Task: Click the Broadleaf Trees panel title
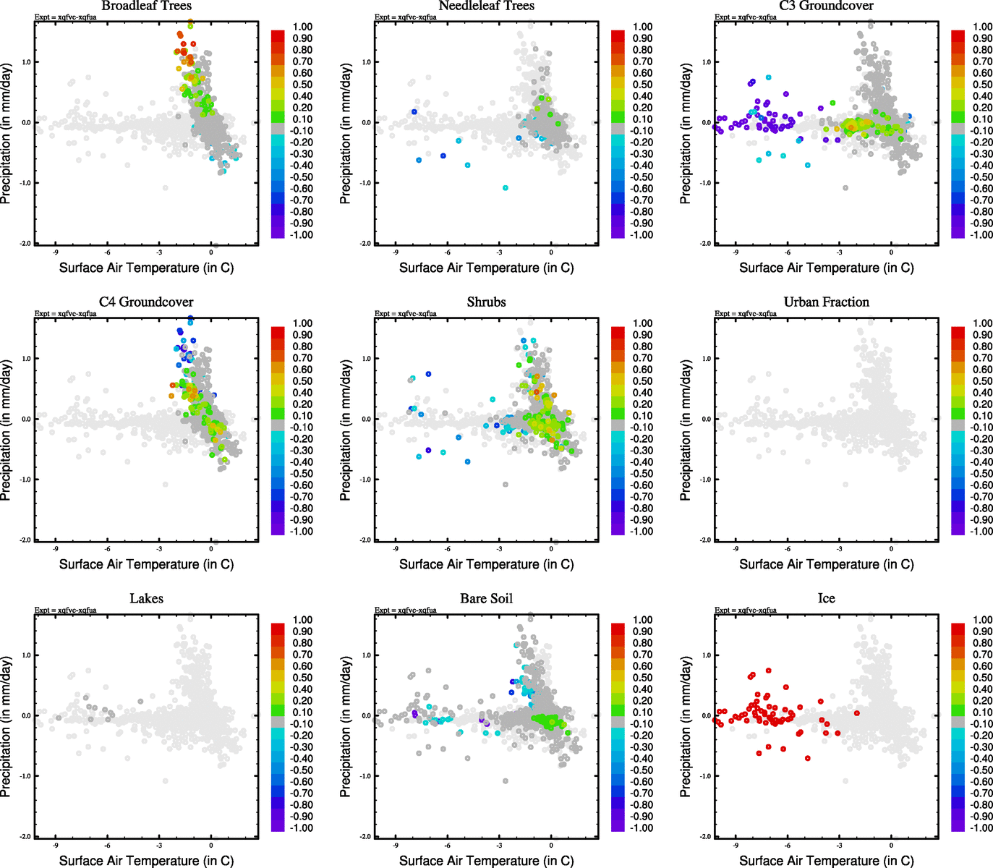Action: pyautogui.click(x=146, y=6)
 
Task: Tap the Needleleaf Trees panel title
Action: pyautogui.click(x=486, y=6)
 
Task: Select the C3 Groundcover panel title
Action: pyautogui.click(x=826, y=6)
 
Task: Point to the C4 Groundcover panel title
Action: pyautogui.click(x=146, y=302)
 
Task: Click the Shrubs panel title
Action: pyautogui.click(x=486, y=302)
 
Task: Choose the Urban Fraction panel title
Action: pyautogui.click(x=826, y=302)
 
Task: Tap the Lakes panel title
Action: pyautogui.click(x=146, y=598)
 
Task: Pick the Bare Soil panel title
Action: pyautogui.click(x=486, y=598)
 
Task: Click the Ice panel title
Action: pyautogui.click(x=826, y=598)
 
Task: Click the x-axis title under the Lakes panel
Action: pyautogui.click(x=146, y=860)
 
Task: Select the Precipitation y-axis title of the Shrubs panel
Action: pyautogui.click(x=345, y=430)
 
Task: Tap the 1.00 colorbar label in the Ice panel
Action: pyautogui.click(x=982, y=620)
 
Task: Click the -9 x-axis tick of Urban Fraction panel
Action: pyautogui.click(x=736, y=549)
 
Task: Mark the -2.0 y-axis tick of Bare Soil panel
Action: pyautogui.click(x=366, y=837)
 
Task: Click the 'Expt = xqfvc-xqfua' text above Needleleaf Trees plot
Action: pyautogui.click(x=405, y=17)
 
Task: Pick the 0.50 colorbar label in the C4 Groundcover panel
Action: pyautogui.click(x=302, y=381)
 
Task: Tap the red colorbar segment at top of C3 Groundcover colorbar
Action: pyautogui.click(x=958, y=35)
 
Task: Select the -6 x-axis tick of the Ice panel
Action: pyautogui.click(x=788, y=846)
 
